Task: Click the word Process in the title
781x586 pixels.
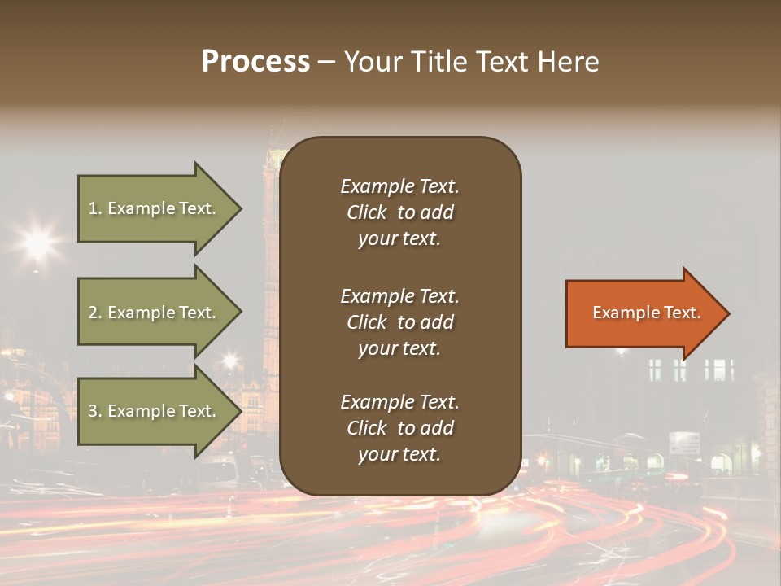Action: [255, 62]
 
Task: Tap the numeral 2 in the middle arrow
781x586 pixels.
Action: [93, 313]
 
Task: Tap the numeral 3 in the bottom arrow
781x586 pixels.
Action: [93, 411]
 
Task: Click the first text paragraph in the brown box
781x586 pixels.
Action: [399, 212]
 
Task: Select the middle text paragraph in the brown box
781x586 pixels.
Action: [399, 321]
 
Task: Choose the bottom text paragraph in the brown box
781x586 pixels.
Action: [399, 428]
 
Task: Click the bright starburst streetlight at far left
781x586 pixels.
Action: [37, 242]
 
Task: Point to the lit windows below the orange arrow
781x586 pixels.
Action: [692, 370]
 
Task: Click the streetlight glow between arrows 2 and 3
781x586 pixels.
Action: [230, 359]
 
